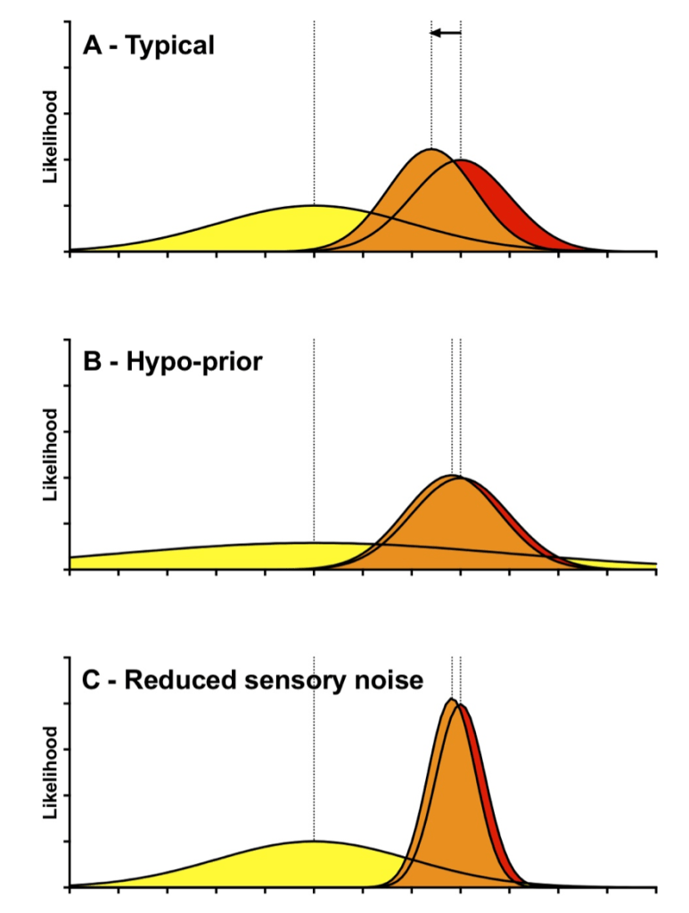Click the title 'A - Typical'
pyautogui.click(x=148, y=45)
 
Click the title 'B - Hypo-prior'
pyautogui.click(x=172, y=363)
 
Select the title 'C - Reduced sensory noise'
pyautogui.click(x=252, y=680)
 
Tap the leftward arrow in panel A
pyautogui.click(x=445, y=33)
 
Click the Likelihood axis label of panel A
pyautogui.click(x=51, y=136)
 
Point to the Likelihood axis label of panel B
pyautogui.click(x=51, y=455)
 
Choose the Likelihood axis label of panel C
pyautogui.click(x=51, y=772)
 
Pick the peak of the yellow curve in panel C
pyautogui.click(x=313, y=843)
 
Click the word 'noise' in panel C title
pyautogui.click(x=390, y=680)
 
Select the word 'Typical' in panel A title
pyautogui.click(x=170, y=45)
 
